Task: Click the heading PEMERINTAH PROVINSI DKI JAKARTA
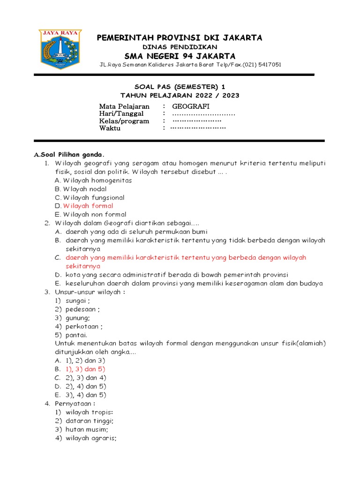(x=180, y=37)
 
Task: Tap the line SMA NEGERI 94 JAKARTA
(x=180, y=56)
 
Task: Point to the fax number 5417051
(x=269, y=65)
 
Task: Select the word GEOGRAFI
(x=190, y=106)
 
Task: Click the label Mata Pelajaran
(x=124, y=106)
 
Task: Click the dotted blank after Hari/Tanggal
(x=203, y=114)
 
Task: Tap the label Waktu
(x=110, y=128)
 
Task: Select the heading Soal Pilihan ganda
(x=71, y=155)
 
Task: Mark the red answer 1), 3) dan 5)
(x=85, y=369)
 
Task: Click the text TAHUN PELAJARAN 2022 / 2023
(x=180, y=95)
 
